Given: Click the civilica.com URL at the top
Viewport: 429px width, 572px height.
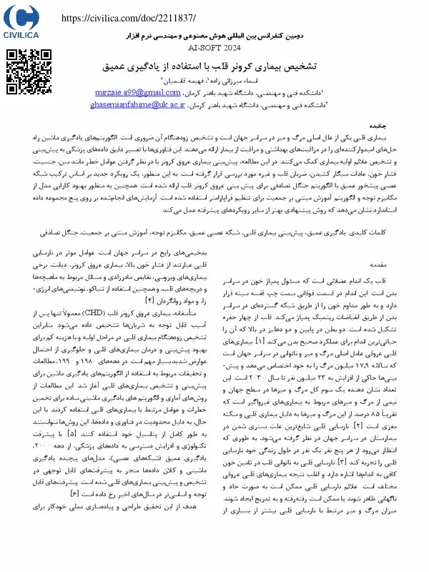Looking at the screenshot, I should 129,17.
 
